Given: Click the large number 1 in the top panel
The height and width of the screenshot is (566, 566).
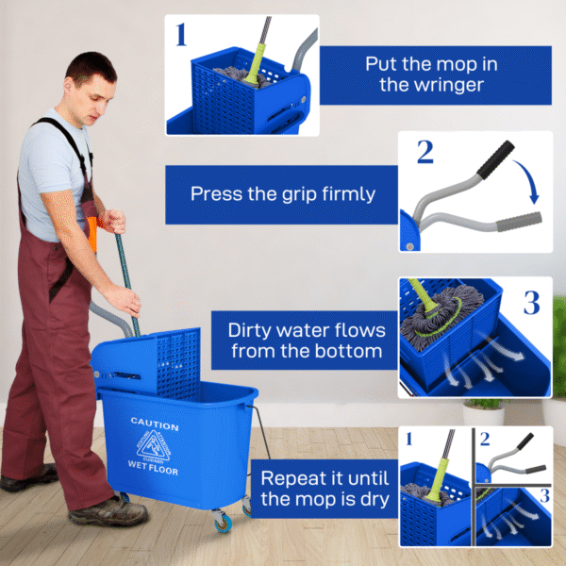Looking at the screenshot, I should pos(181,35).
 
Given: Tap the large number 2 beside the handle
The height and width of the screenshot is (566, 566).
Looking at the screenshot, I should pos(425,152).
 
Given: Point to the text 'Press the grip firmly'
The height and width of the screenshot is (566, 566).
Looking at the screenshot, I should pos(282,194).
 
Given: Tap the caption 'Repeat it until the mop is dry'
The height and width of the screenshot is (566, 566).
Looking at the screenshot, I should pos(325,488).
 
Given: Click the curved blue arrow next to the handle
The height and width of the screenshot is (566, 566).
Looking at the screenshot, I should pos(531,179).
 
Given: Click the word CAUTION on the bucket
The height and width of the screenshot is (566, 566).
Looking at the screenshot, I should pos(154,423).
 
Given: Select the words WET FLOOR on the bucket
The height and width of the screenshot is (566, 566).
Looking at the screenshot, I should pos(153,467).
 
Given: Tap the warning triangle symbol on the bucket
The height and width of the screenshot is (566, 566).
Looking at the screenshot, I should pos(154,444).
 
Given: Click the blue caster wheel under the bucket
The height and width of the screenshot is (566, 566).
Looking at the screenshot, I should pos(222,521).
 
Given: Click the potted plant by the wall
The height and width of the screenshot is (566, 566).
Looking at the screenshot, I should pos(483,413).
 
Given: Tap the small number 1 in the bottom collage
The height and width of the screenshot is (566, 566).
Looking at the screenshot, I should pos(408,439).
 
